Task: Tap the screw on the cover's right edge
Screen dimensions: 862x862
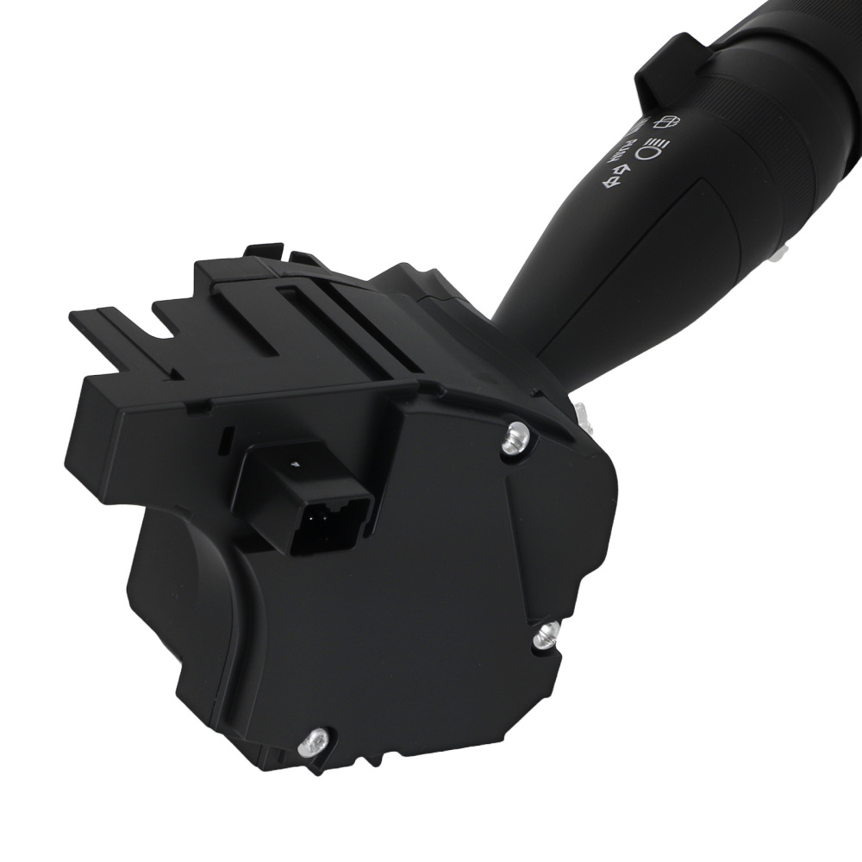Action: [x=546, y=639]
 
